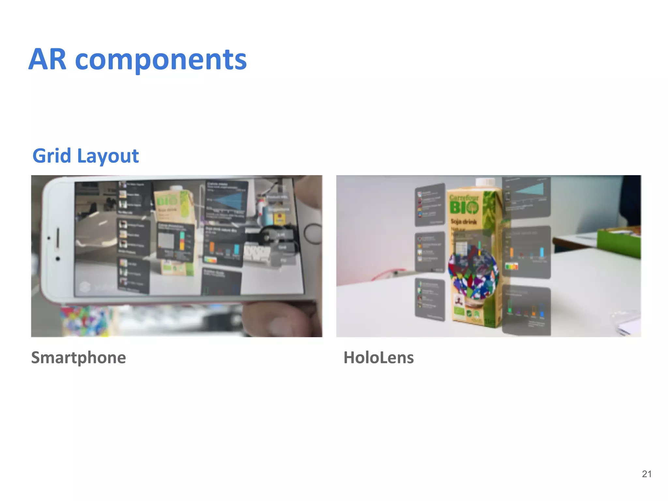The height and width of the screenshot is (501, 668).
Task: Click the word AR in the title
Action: pyautogui.click(x=48, y=60)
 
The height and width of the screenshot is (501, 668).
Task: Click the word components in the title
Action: pyautogui.click(x=161, y=60)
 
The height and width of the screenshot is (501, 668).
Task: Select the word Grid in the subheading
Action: pyautogui.click(x=52, y=156)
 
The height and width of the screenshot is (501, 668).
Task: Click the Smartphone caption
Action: pyautogui.click(x=78, y=357)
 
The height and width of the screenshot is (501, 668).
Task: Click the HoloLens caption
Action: pyautogui.click(x=378, y=357)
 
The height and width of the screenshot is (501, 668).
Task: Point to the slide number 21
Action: pyautogui.click(x=646, y=474)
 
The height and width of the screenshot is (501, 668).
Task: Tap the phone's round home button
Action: pyautogui.click(x=313, y=234)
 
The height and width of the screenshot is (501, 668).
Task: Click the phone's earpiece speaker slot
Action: pyautogui.click(x=58, y=238)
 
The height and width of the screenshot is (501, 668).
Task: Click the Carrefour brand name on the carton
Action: pyautogui.click(x=464, y=198)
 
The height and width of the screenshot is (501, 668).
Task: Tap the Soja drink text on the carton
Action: pyautogui.click(x=463, y=222)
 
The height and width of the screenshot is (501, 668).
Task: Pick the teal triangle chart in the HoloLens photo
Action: pyautogui.click(x=530, y=190)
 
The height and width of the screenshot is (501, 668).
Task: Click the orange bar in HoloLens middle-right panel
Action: pyautogui.click(x=512, y=252)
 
